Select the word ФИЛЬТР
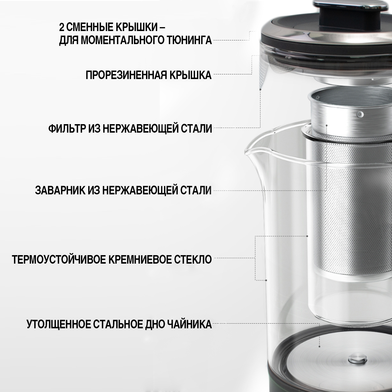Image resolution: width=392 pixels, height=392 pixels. coord(67,128)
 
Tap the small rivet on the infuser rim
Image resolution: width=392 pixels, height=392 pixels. coord(360,114)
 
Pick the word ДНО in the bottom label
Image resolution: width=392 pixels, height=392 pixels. coord(155,325)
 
